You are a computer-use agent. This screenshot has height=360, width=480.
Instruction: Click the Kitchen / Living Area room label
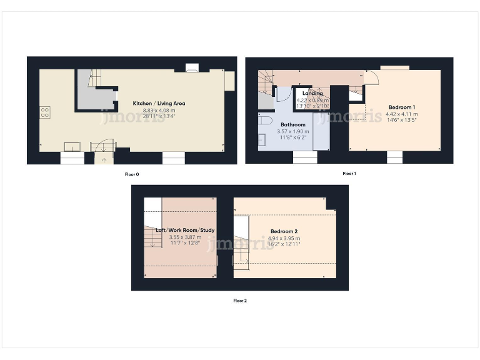pos(159,103)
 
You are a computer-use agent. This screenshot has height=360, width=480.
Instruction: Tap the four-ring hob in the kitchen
pos(45,112)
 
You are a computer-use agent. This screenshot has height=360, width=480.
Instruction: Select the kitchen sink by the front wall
pos(72,147)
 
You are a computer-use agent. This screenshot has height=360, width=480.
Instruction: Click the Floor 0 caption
pos(132,174)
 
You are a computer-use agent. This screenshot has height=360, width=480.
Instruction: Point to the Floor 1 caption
pos(349,173)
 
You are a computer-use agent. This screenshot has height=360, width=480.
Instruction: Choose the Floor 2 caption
pos(240,301)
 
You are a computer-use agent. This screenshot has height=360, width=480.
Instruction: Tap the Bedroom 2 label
pos(284,231)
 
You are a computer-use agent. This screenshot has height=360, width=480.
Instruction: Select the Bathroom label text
pos(292,124)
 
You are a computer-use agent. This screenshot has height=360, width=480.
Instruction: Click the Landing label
pos(312,94)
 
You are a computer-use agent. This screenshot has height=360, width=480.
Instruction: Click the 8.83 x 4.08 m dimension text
pos(159,109)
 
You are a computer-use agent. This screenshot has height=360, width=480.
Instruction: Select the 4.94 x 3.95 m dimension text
pos(284,237)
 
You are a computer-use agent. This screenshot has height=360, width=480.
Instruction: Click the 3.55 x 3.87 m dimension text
pos(181,237)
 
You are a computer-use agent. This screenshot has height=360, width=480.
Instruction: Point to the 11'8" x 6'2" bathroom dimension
pos(292,137)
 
